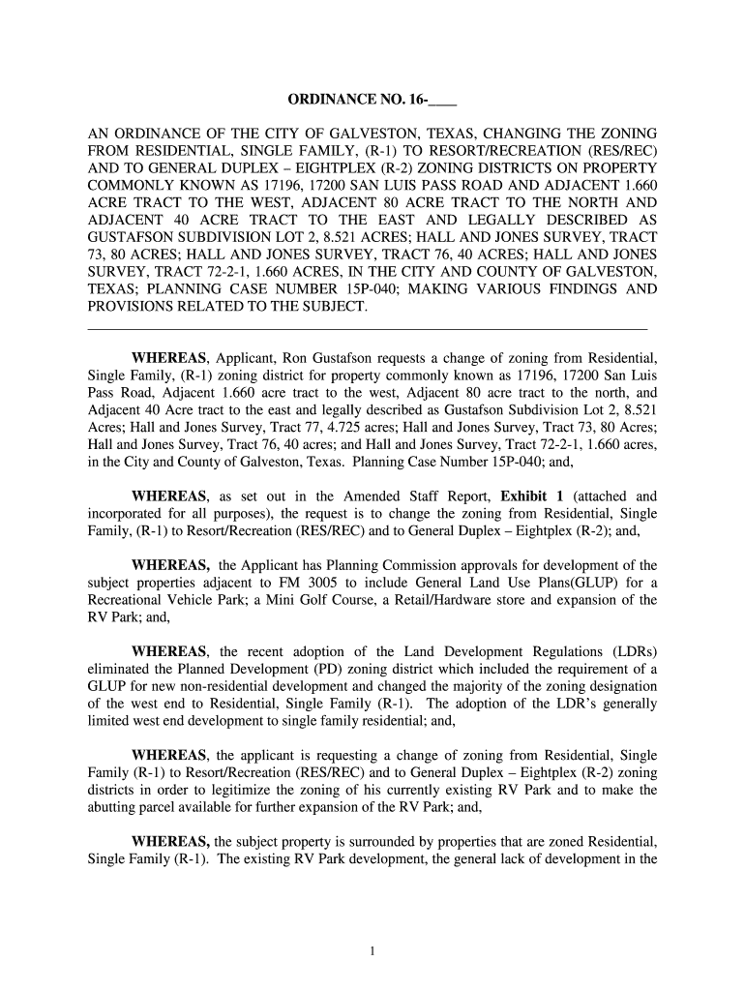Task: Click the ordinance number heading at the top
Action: tap(372, 100)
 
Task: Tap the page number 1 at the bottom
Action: tap(372, 949)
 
